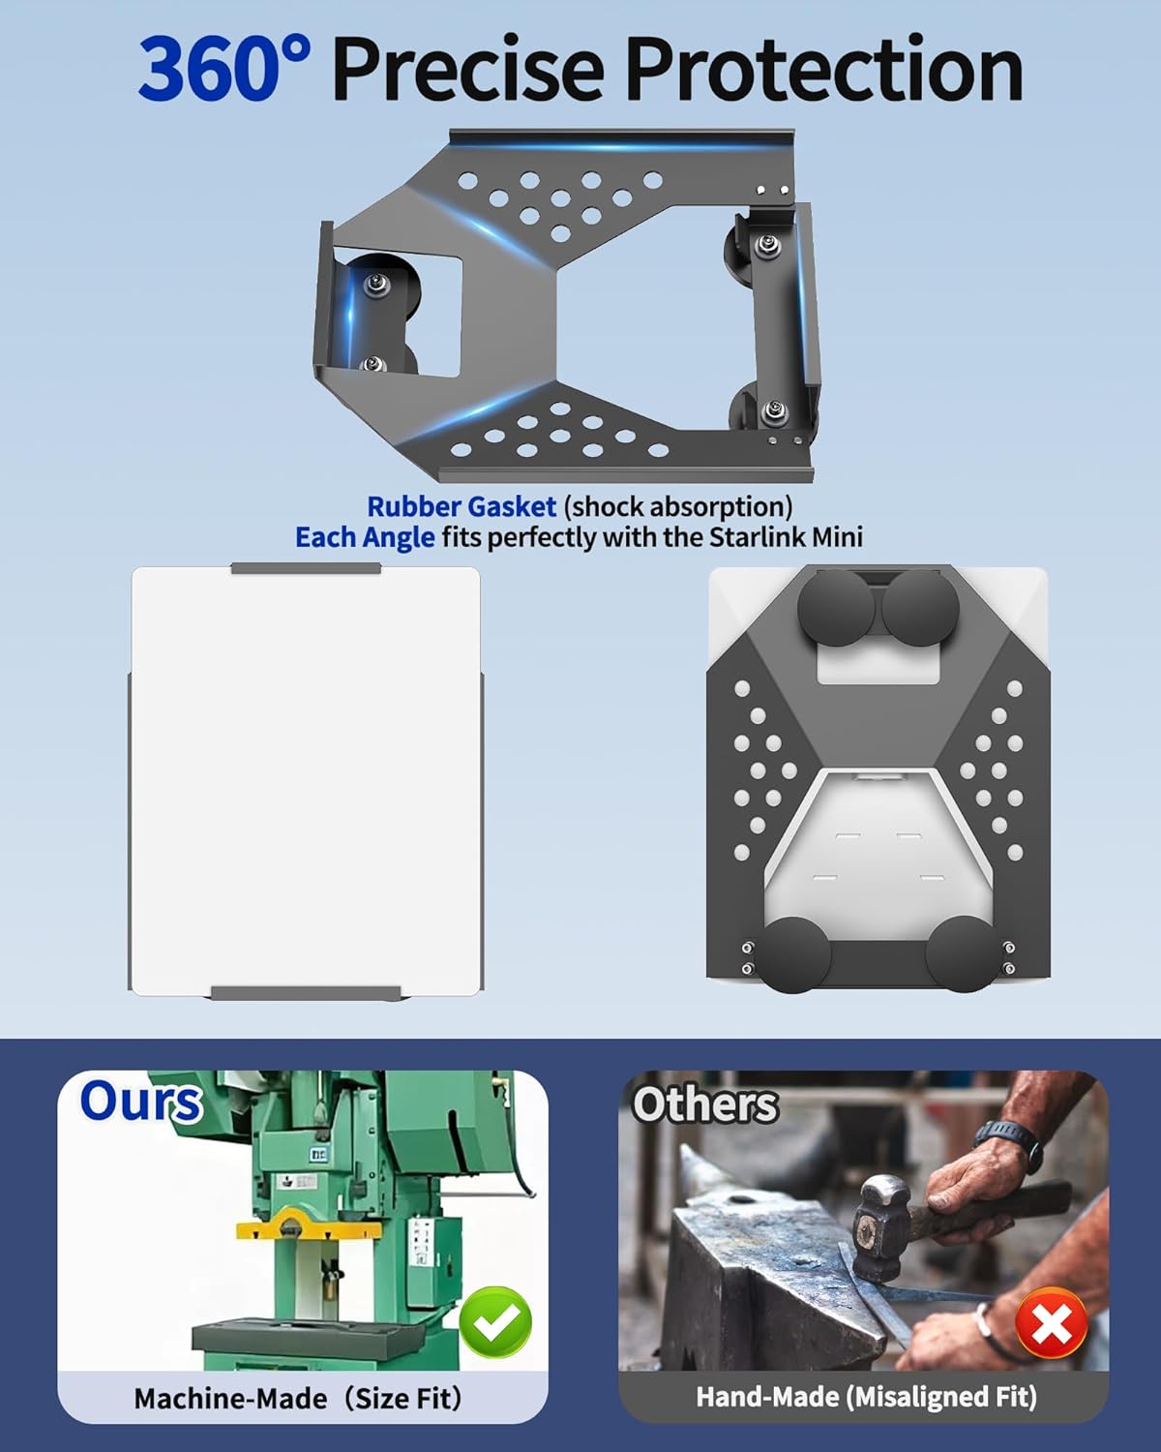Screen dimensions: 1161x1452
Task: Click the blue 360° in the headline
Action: point(224,70)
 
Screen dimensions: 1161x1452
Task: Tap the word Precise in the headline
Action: point(468,70)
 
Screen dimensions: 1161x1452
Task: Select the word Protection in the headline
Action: point(825,70)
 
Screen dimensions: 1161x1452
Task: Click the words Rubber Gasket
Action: point(461,506)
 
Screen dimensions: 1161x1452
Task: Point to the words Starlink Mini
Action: point(786,537)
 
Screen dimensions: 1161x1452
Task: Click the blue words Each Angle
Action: point(365,538)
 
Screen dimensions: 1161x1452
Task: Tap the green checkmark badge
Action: point(495,1322)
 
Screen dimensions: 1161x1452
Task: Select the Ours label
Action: point(141,1102)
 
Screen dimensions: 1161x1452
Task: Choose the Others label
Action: point(705,1105)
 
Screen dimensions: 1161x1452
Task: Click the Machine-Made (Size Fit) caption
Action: point(297,1399)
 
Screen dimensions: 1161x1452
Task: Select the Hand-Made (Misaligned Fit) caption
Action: point(866,1397)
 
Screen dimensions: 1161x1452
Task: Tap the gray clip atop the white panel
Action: point(306,569)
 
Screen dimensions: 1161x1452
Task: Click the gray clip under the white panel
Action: point(306,993)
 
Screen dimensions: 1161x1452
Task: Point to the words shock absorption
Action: point(678,506)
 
